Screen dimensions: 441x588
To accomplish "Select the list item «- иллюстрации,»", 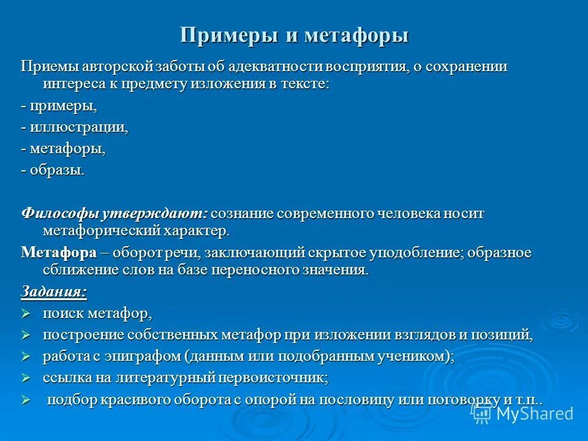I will tap(75, 127).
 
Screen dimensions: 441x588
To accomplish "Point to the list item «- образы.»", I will tap(53, 170).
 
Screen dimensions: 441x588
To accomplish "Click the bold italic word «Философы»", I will tap(59, 213).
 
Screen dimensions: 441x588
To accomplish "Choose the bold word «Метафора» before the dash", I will tap(59, 253).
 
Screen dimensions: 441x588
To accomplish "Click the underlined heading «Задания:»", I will tap(54, 292).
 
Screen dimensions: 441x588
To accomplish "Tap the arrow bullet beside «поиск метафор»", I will tap(26, 314).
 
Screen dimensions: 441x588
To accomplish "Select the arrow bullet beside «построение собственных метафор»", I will tap(26, 336).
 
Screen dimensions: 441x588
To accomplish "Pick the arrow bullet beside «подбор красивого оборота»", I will tap(26, 401).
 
